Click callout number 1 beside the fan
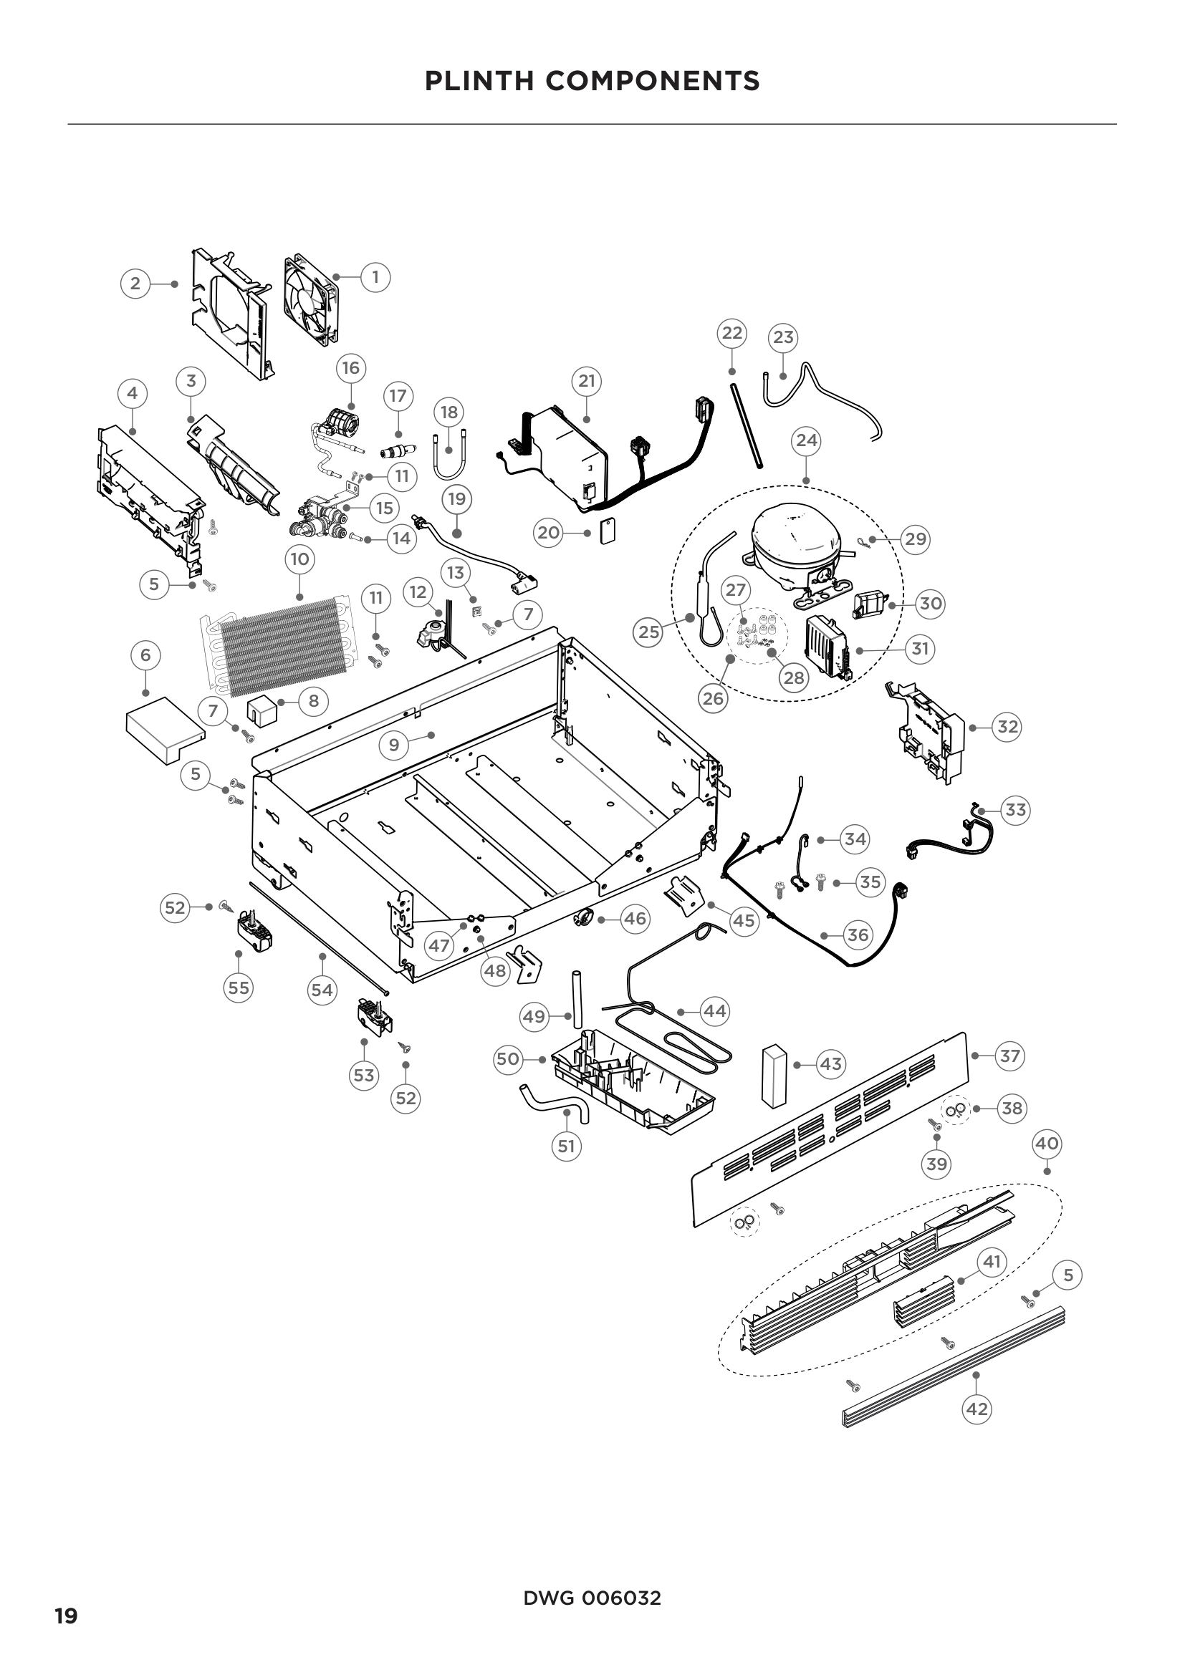(375, 277)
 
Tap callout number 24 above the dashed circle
(806, 440)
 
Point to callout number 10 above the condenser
(299, 559)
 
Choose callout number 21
(587, 380)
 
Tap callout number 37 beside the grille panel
(1010, 1056)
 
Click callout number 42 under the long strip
(977, 1409)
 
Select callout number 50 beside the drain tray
(508, 1058)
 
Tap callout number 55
(239, 988)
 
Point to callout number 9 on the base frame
(394, 745)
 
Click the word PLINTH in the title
(479, 81)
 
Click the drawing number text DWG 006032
(592, 1598)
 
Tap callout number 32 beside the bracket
(1007, 727)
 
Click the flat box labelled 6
(164, 730)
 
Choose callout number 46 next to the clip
(635, 919)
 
